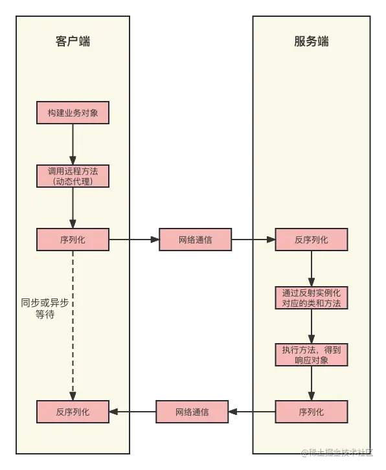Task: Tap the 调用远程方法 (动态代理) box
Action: [x=73, y=176]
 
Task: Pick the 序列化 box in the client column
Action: [x=73, y=240]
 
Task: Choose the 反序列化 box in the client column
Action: [x=73, y=412]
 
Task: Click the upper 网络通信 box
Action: [x=195, y=240]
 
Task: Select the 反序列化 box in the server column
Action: [x=311, y=240]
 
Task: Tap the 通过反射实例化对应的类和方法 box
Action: [x=311, y=298]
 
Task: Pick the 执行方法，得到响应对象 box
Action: [x=311, y=354]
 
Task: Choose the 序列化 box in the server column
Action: [x=311, y=412]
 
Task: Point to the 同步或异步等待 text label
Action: [x=45, y=309]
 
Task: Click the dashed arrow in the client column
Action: [x=73, y=324]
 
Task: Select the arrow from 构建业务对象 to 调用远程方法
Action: [x=73, y=144]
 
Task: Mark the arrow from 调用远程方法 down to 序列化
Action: [x=73, y=207]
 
